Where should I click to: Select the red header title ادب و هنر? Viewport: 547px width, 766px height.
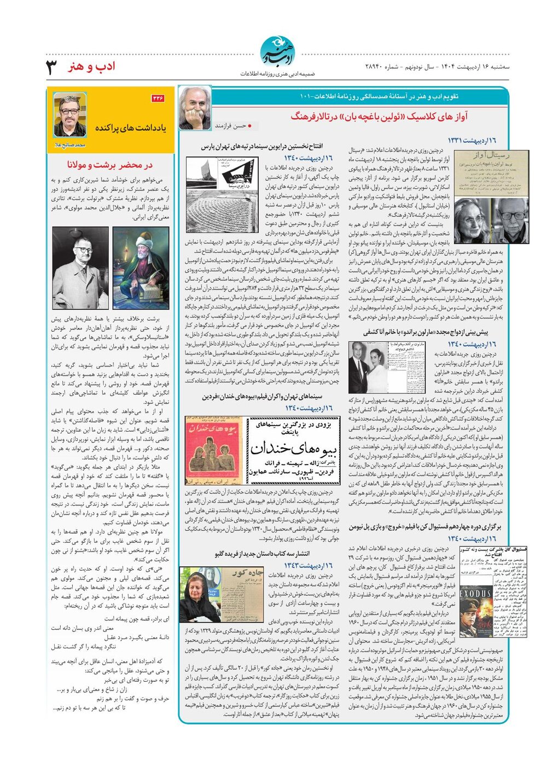click(91, 67)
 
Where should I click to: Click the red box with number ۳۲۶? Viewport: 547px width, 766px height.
click(158, 98)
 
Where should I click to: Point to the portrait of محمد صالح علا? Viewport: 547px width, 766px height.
click(69, 115)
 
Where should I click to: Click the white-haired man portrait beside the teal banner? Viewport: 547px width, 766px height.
click(195, 108)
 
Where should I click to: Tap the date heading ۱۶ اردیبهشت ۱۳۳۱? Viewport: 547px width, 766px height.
click(472, 141)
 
